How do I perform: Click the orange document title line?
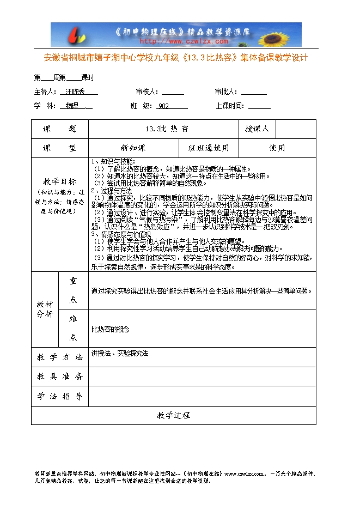(175, 58)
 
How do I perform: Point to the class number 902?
(163, 106)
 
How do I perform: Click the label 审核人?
(147, 92)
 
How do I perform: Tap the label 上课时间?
(229, 106)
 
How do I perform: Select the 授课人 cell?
(257, 129)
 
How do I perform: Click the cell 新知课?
(133, 148)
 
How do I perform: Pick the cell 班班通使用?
(209, 148)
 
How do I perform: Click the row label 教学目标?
(59, 181)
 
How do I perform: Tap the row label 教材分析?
(45, 309)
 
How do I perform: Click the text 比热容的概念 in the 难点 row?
(111, 329)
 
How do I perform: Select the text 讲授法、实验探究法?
(120, 353)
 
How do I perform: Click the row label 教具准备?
(59, 377)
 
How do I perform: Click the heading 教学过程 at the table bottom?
(174, 415)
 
